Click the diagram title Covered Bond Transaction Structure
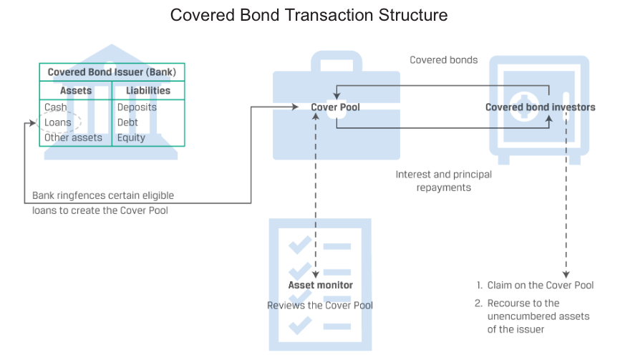click(309, 15)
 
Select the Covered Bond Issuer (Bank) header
click(112, 72)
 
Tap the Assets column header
click(76, 91)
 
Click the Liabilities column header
click(148, 91)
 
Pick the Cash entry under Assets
click(56, 107)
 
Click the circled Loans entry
click(58, 122)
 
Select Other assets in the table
click(73, 137)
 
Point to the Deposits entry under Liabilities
click(137, 107)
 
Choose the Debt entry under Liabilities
click(127, 122)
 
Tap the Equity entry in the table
click(131, 137)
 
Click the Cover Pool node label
click(335, 107)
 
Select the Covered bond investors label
click(540, 107)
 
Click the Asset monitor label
click(320, 285)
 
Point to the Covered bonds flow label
click(443, 60)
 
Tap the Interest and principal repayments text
click(443, 181)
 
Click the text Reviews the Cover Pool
click(320, 306)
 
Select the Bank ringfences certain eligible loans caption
click(102, 203)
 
